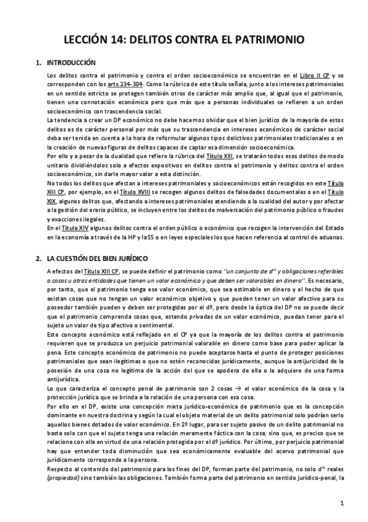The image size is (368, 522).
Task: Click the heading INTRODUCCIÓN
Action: point(71,63)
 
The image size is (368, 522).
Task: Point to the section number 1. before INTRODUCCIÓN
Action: point(39,63)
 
